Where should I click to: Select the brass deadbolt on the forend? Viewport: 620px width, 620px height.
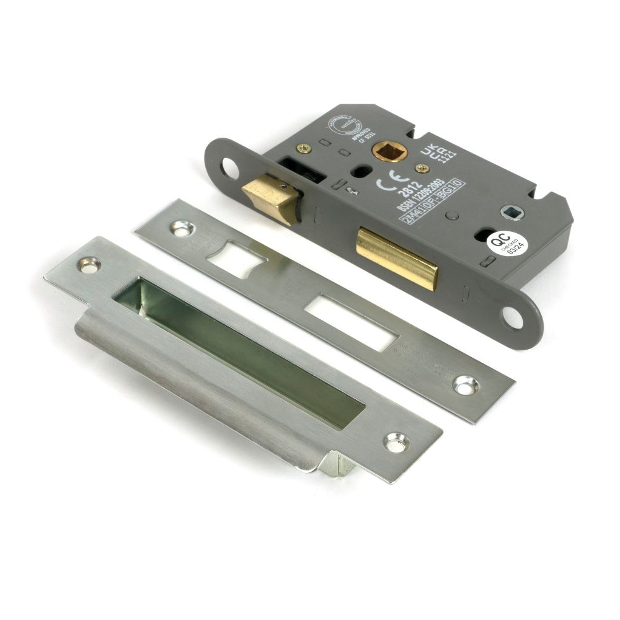(397, 257)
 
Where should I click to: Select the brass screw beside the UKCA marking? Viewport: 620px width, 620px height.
(422, 167)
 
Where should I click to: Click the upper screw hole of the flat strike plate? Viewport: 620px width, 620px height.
(181, 228)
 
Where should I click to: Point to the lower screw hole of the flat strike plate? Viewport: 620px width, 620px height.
(466, 384)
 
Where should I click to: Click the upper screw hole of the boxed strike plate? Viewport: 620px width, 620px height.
(89, 265)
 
